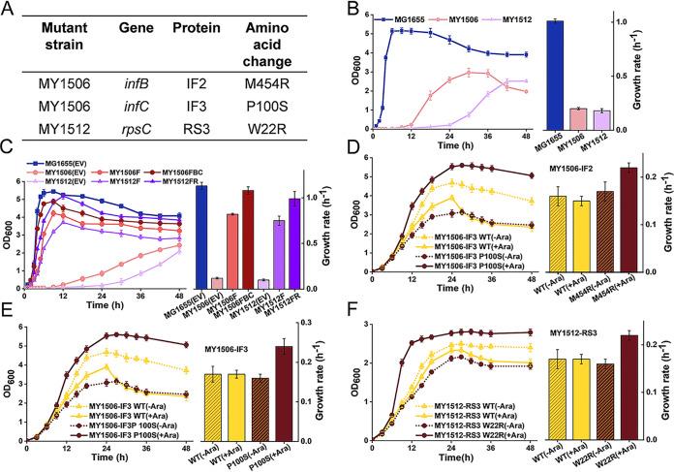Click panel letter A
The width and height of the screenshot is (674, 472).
[x=9, y=9]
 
